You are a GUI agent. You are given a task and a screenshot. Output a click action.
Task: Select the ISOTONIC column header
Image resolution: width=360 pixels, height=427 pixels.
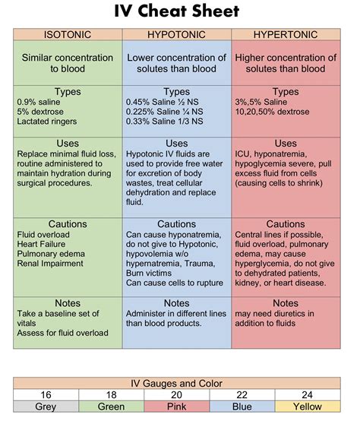68,34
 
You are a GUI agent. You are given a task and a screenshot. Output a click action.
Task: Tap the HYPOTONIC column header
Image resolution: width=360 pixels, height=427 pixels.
176,34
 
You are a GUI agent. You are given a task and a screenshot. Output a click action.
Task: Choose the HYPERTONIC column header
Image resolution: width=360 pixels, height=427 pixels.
286,34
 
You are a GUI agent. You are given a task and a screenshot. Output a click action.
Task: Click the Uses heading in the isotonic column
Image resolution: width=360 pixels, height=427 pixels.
68,143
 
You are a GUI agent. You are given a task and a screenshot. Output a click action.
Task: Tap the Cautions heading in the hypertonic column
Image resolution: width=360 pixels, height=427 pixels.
286,224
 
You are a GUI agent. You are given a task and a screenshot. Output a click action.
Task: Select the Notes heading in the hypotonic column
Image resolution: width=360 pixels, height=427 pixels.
176,303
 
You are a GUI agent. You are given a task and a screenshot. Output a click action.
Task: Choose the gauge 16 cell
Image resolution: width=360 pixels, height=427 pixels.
46,395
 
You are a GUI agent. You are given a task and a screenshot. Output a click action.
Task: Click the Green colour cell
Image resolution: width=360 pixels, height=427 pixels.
111,406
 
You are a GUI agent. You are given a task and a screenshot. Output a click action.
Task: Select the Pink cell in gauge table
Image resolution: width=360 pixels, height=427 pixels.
176,406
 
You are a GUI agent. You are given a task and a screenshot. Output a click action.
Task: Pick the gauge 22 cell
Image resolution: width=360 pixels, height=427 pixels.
242,395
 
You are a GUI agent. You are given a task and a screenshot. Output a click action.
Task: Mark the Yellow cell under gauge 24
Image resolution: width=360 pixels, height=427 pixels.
308,406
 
